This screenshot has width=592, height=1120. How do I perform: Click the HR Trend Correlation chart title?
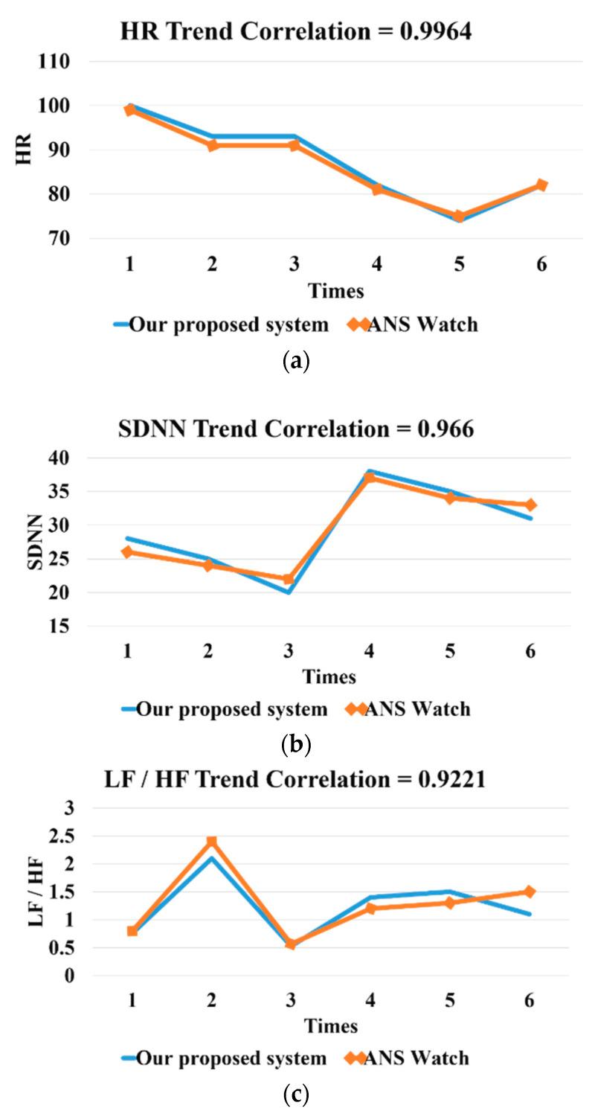pos(295,32)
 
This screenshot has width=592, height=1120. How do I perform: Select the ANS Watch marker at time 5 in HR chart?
pos(460,217)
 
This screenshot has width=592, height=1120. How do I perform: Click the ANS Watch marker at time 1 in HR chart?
pos(130,110)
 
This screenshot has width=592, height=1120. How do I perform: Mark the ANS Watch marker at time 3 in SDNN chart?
pos(289,579)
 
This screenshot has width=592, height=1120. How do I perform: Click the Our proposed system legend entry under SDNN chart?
pos(223,709)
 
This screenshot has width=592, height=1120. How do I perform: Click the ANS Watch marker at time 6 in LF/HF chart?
pos(530,892)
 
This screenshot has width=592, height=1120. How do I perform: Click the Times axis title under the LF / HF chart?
pos(330,1025)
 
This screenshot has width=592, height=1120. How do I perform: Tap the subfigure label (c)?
pos(296,1094)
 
